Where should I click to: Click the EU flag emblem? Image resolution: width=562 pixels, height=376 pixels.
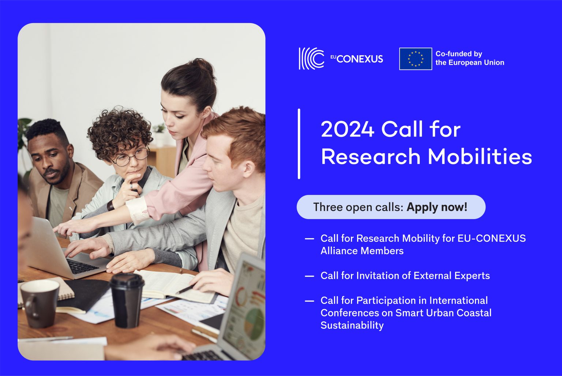415,59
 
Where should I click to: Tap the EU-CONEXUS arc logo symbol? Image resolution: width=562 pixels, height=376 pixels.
311,58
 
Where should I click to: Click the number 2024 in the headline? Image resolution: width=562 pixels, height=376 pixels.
347,129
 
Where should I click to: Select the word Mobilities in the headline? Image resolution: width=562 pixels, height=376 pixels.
480,157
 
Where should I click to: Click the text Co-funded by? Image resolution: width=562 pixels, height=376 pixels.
458,54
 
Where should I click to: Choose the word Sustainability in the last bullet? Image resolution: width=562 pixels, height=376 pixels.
352,325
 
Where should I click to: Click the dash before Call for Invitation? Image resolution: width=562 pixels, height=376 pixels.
310,276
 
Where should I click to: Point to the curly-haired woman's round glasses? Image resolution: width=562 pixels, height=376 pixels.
131,157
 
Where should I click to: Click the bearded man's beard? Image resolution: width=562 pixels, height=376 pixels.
59,176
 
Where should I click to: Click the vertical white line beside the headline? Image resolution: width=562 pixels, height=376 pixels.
299,144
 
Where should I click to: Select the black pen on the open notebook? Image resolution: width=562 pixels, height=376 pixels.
184,290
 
